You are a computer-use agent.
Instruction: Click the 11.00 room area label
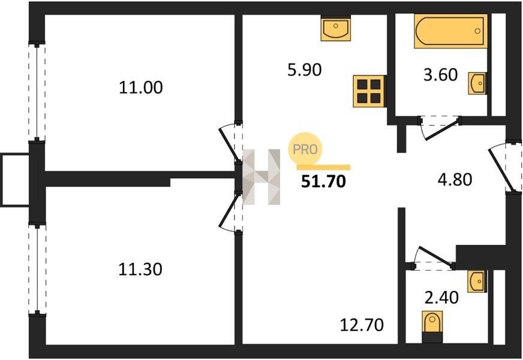(x=141, y=88)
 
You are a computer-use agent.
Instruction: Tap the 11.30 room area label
(x=141, y=269)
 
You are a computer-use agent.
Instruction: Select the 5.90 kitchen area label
(x=305, y=70)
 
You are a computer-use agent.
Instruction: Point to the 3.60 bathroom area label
(x=440, y=75)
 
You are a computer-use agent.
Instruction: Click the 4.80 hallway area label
(x=454, y=179)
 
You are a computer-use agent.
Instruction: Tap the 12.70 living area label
(x=362, y=325)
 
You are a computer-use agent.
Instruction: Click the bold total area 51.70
(x=323, y=181)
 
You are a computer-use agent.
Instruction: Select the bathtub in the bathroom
(x=449, y=31)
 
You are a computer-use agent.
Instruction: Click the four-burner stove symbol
(x=368, y=91)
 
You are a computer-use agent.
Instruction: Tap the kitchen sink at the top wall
(x=335, y=29)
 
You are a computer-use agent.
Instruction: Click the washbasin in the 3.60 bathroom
(x=478, y=83)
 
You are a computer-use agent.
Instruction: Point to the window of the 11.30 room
(x=38, y=269)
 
